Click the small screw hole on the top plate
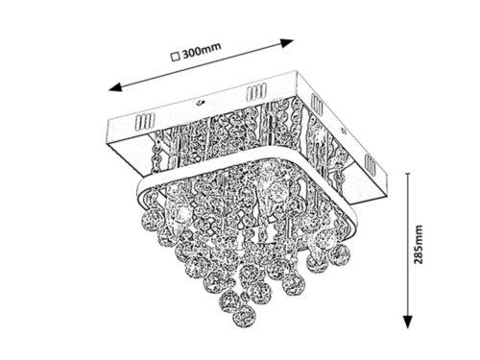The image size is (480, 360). [198, 100]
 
